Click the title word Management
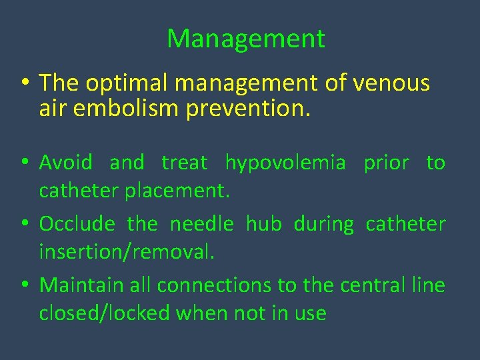click(246, 39)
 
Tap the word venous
click(391, 83)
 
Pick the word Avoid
click(65, 162)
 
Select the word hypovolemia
click(285, 162)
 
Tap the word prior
click(386, 162)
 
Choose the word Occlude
click(77, 223)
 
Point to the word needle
click(201, 223)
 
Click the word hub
click(263, 223)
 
